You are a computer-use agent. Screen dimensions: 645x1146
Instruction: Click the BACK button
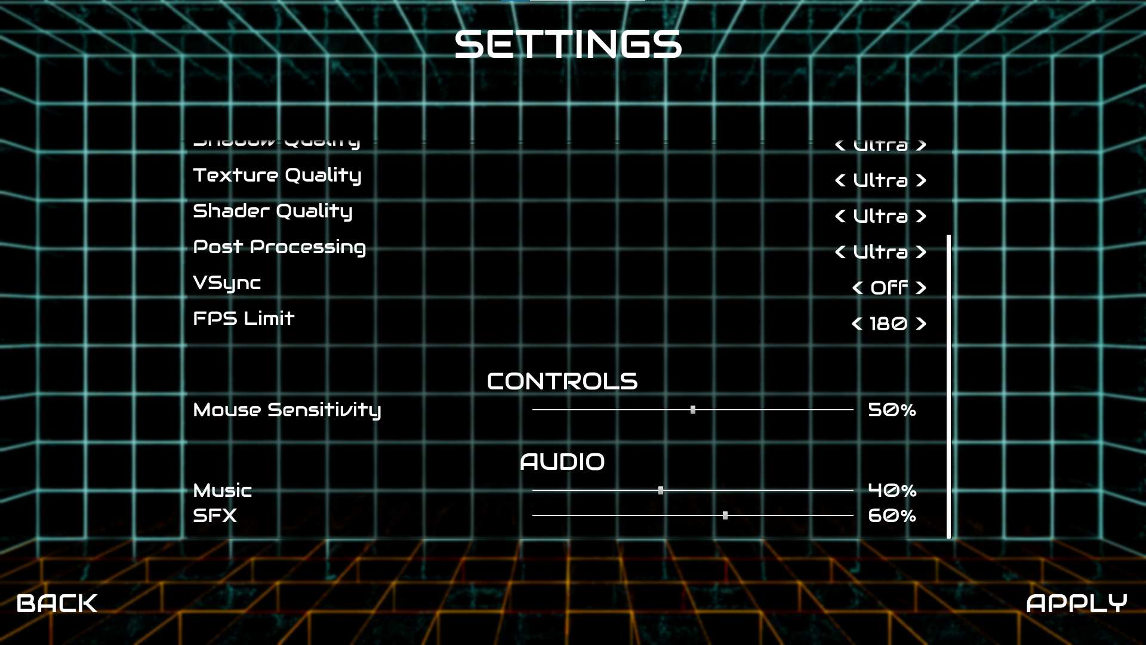(57, 603)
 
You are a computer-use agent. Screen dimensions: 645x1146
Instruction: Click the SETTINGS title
(568, 45)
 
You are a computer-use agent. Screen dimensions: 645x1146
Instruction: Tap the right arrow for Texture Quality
(921, 180)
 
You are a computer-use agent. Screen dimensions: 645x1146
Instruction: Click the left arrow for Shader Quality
(840, 216)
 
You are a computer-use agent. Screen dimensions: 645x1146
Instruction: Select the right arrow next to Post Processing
(921, 252)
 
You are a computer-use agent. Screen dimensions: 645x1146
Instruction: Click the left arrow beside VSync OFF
(858, 288)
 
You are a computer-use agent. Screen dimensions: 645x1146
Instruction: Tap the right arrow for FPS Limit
(921, 324)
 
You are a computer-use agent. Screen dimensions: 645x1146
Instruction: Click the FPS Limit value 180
(888, 324)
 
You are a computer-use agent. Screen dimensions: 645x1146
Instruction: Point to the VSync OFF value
(889, 288)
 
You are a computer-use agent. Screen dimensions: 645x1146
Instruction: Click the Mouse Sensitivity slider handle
(693, 410)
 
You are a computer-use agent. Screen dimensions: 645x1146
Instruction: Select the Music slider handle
(661, 490)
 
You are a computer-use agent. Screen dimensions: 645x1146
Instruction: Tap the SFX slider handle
(725, 515)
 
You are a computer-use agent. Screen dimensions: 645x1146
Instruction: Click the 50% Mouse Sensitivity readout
(892, 410)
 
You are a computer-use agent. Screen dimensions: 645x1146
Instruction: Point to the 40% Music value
(892, 490)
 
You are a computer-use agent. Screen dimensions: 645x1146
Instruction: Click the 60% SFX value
(892, 515)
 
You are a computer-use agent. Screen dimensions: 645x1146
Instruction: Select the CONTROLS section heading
(562, 382)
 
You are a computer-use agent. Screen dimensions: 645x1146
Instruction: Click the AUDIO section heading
(562, 462)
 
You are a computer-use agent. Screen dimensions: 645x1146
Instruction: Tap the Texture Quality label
(277, 176)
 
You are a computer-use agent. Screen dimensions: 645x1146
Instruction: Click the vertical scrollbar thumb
(948, 386)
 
